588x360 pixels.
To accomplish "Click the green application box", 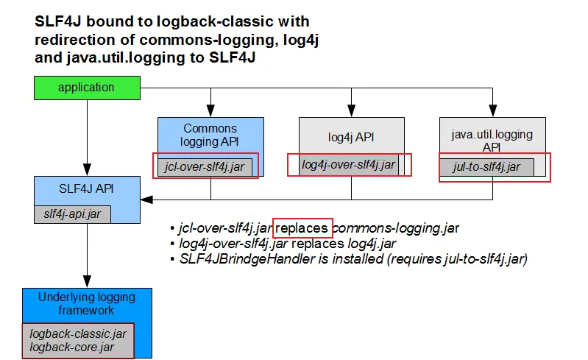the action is [87, 88].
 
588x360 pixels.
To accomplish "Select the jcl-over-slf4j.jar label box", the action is [205, 167].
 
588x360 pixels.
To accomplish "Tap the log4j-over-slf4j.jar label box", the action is [348, 165].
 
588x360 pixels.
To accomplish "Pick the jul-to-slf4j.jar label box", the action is [486, 167].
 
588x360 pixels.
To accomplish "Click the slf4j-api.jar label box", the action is [72, 214].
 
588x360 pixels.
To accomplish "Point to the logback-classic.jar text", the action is [78, 333].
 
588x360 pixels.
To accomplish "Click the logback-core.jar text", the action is [71, 347].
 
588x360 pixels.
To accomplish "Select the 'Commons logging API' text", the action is [210, 135].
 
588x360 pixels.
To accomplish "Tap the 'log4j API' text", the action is [351, 137].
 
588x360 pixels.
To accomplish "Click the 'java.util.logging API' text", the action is [492, 141].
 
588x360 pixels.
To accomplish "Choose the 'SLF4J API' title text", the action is [86, 188].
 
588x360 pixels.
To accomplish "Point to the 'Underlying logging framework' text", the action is [87, 304].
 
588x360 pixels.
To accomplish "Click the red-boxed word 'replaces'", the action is [302, 228].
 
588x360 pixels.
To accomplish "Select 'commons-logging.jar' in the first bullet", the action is [396, 228].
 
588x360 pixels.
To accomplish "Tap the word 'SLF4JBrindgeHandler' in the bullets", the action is [247, 258].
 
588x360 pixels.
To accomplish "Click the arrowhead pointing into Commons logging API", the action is [210, 110].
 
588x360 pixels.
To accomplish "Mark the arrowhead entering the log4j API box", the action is [351, 110].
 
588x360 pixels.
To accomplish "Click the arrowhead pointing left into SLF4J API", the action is [146, 200].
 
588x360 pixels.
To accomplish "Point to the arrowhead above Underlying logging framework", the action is [87, 282].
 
